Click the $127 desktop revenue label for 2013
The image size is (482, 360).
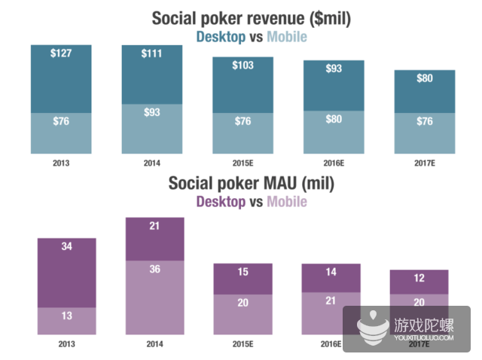(x=61, y=54)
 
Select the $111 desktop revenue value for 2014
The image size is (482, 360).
(x=152, y=54)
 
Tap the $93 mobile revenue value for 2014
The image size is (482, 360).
(x=152, y=112)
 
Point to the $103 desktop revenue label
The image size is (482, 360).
(x=243, y=66)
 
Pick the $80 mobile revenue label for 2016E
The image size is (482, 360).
(x=333, y=118)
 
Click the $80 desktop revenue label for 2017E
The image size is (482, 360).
(x=424, y=78)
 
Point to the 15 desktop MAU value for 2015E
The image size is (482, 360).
(x=243, y=273)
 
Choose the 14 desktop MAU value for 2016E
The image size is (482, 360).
(x=331, y=273)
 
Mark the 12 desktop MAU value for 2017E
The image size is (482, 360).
(x=419, y=279)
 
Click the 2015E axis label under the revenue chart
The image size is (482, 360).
(x=243, y=161)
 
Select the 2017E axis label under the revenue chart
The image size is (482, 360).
(x=424, y=161)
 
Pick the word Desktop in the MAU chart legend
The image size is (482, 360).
(x=221, y=201)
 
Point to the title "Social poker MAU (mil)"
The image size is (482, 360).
(x=252, y=183)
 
